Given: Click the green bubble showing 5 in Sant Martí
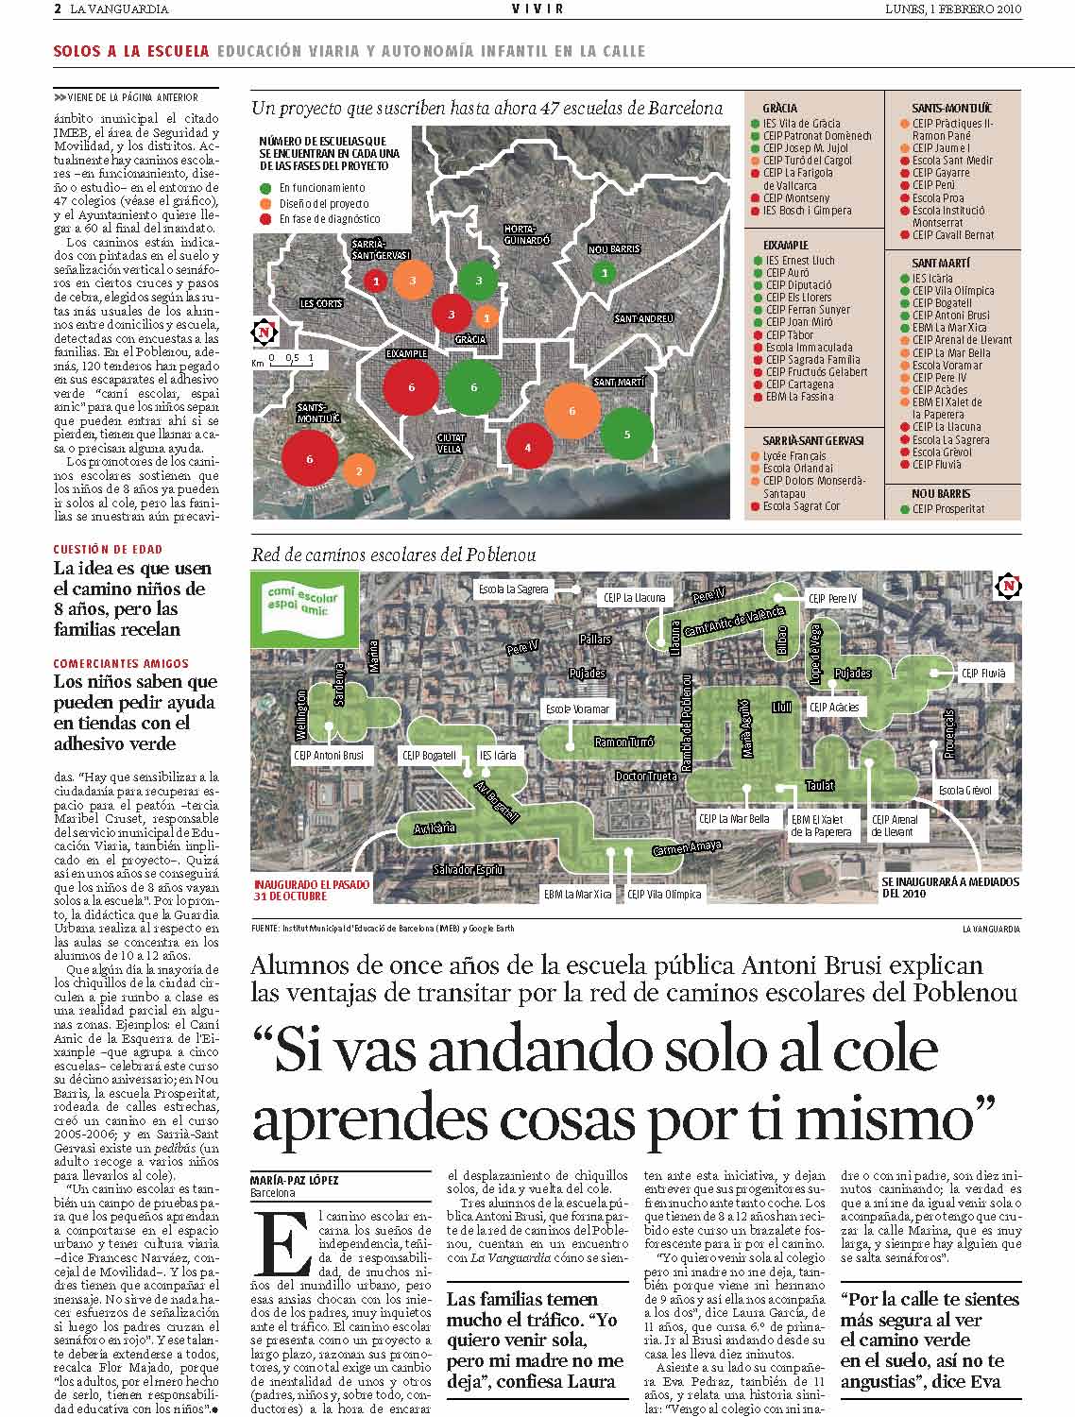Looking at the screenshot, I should click(626, 434).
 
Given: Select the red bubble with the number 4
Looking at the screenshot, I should click(527, 447).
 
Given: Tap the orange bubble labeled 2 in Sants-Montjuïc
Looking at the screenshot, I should click(358, 469).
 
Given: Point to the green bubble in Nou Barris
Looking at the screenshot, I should click(605, 273).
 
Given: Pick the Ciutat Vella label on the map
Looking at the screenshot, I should click(450, 443).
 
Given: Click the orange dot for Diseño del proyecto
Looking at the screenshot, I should click(267, 203).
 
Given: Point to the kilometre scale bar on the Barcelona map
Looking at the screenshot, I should click(292, 359).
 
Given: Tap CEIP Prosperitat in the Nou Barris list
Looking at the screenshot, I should click(947, 509).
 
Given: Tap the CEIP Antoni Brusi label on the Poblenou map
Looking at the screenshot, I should click(328, 756).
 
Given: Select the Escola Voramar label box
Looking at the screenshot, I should click(579, 708).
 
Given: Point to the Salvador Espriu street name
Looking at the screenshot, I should click(468, 869).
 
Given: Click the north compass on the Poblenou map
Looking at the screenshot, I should click(1009, 587).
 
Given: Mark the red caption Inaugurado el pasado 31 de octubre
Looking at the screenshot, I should click(311, 890).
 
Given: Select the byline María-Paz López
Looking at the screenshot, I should click(294, 1180).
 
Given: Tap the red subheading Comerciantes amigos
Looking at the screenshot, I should click(121, 663).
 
